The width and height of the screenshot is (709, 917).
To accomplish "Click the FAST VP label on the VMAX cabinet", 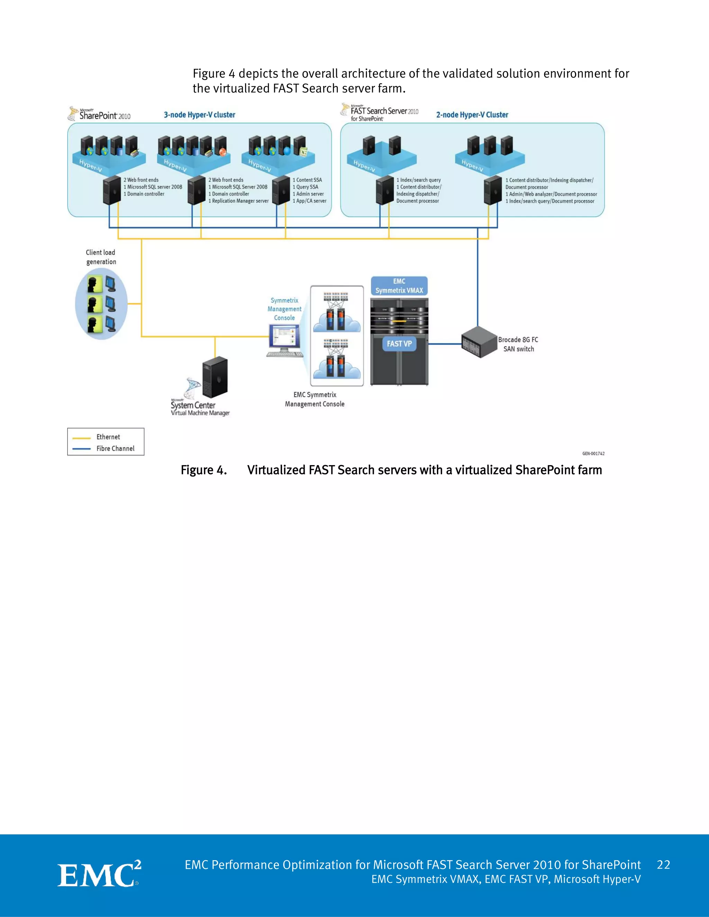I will coord(399,344).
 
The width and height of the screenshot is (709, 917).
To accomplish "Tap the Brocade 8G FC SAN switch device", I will coord(479,342).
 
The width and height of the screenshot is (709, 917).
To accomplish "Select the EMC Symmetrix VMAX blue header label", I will coord(399,286).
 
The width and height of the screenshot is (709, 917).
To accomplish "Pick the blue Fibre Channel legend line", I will coord(81,449).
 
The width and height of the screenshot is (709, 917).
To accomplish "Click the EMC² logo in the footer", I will coord(99,874).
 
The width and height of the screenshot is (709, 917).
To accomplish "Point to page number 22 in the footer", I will coord(663,864).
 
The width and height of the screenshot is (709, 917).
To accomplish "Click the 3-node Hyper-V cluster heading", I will coord(199,115).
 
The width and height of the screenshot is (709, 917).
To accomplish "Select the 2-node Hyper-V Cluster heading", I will coord(472,115).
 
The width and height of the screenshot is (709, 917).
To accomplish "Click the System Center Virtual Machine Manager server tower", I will coord(215,377).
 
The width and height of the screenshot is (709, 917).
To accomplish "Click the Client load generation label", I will coord(101,257).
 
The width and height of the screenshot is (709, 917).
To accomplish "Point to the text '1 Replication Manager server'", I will coord(238,201).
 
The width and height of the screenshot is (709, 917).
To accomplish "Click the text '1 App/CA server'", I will coord(309,201).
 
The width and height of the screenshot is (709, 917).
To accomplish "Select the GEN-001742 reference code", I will coord(593,453).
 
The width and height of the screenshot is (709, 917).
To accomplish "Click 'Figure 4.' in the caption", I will coord(204,470).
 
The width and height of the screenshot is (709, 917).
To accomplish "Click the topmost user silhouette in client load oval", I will coord(95,284).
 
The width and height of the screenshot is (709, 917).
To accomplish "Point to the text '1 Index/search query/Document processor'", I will coord(550,201).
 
